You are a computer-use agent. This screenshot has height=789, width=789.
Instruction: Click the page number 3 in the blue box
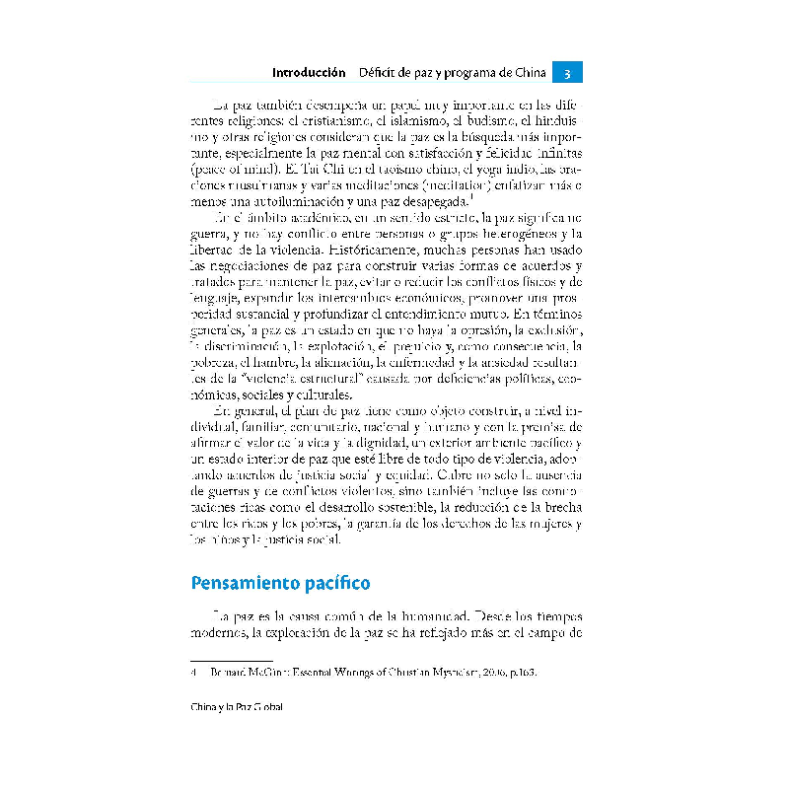[568, 73]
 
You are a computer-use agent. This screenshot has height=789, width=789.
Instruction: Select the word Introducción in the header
[308, 73]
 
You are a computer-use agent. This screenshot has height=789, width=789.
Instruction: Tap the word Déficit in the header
[379, 73]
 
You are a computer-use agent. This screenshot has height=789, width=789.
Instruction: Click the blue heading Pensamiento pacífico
[280, 583]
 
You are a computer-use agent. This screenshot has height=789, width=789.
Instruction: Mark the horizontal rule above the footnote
[216, 658]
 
